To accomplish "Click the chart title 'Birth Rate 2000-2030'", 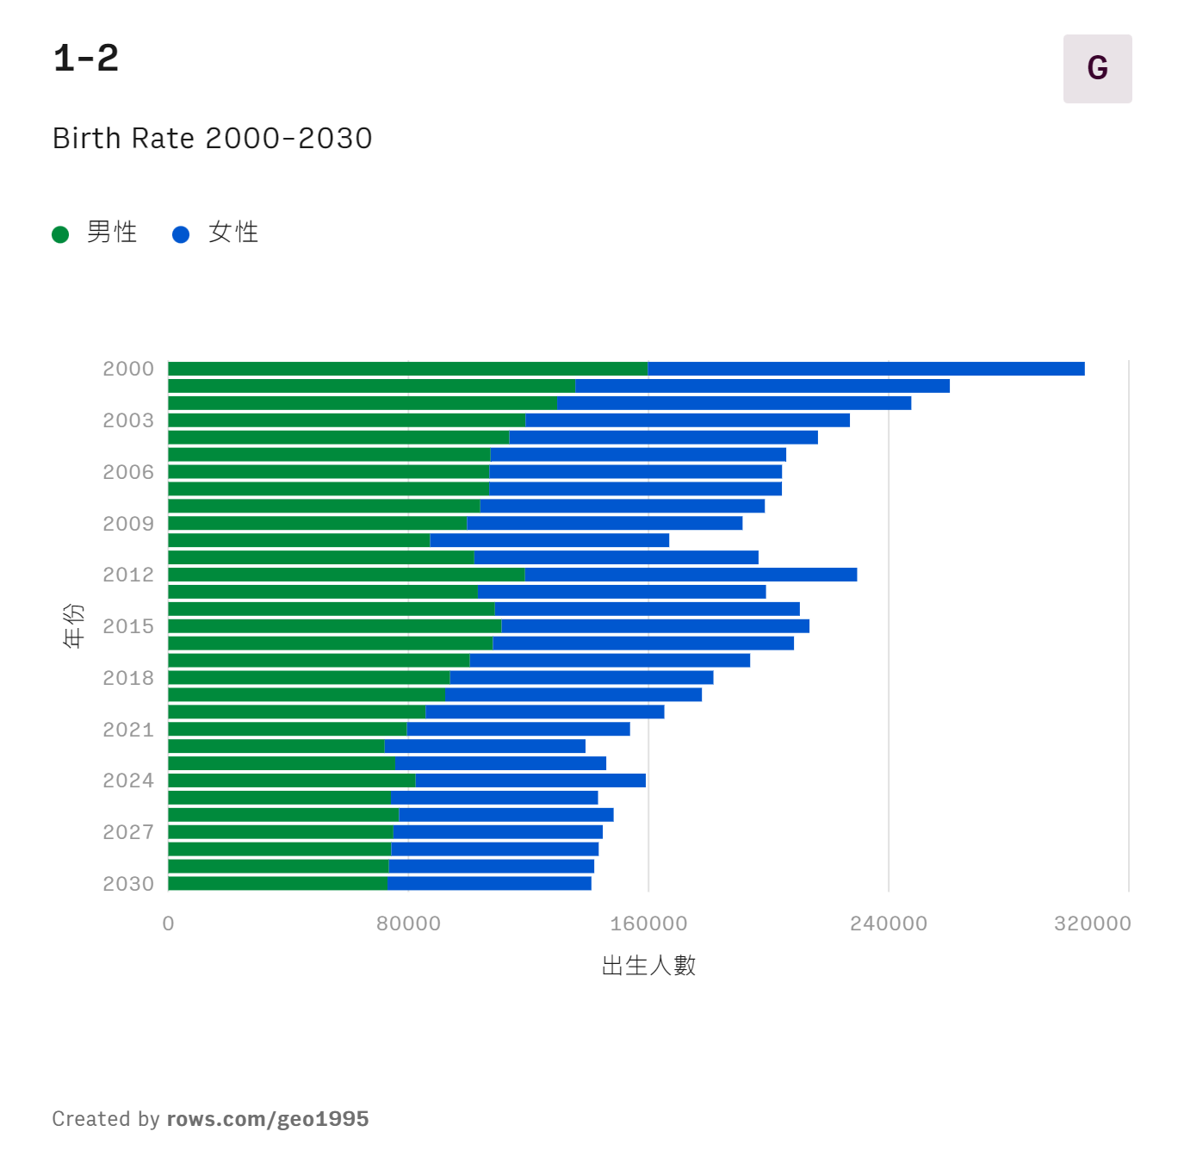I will [x=212, y=139].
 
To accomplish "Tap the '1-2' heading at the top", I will [x=86, y=59].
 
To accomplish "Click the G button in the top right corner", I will [x=1097, y=69].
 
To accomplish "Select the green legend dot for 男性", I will [x=60, y=234].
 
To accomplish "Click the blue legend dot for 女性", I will [x=181, y=234].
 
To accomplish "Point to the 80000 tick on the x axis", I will [x=408, y=923].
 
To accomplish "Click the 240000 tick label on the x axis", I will [x=888, y=923].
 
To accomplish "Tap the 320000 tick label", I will [x=1092, y=923].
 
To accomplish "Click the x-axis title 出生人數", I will [x=648, y=966].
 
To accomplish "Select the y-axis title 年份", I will [x=74, y=625].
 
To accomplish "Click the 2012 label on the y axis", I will [x=128, y=575].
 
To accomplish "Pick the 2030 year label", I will [x=128, y=884].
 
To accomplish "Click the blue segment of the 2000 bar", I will [x=865, y=369].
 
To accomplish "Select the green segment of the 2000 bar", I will [x=407, y=369].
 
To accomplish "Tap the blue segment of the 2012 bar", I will [x=691, y=575].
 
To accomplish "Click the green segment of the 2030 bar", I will [x=277, y=883].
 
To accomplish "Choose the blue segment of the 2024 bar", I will [x=530, y=780].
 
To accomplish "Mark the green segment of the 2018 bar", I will [x=308, y=678].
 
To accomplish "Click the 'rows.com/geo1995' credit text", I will [x=268, y=1119].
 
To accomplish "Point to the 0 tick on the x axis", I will [x=168, y=923].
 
